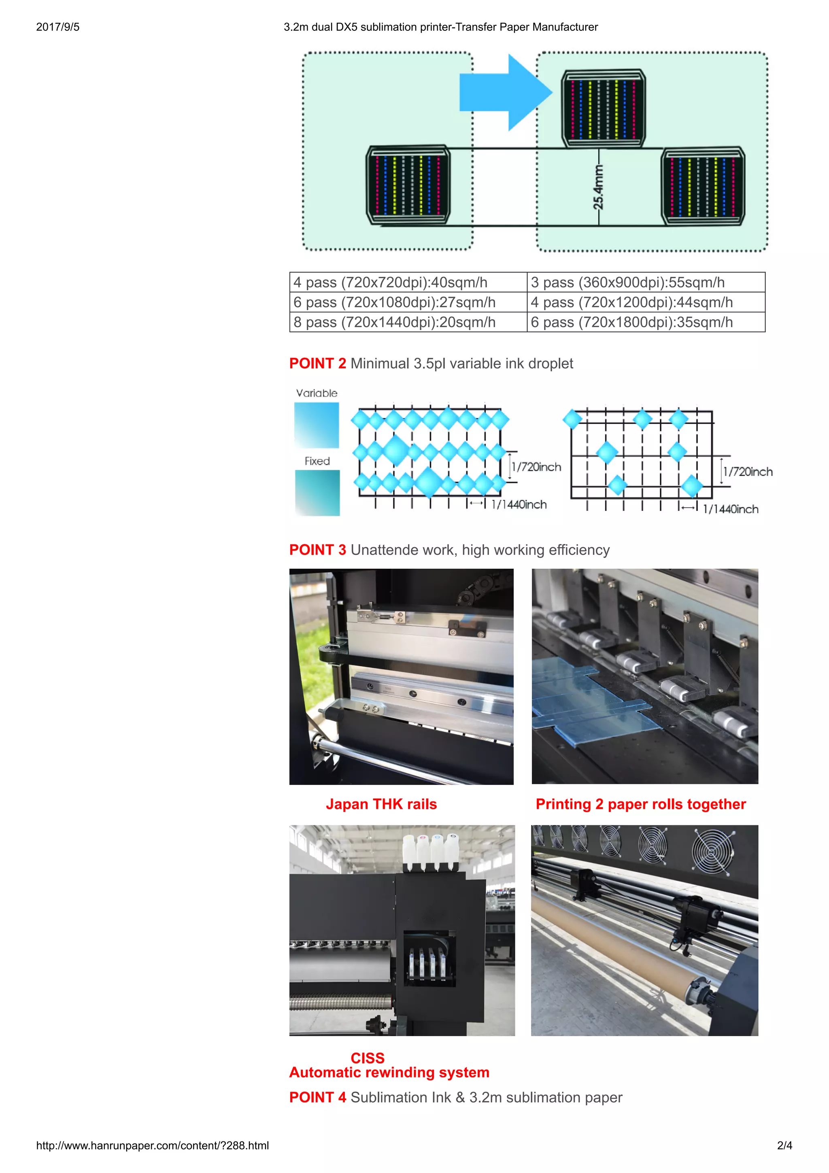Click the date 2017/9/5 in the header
[58, 27]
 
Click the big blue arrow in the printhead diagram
[503, 92]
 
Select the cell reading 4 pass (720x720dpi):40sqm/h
[408, 283]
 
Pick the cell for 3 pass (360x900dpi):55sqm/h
[646, 283]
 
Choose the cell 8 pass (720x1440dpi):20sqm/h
[408, 322]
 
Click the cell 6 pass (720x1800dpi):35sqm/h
[646, 322]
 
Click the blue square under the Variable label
[317, 425]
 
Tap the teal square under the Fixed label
[317, 493]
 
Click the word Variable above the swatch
[317, 393]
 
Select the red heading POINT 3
[317, 550]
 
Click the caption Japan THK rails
[381, 804]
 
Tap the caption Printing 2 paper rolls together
[640, 804]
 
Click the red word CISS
[367, 1058]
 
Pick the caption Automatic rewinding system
[389, 1072]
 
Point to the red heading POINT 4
[317, 1097]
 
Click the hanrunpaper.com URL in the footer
[152, 1145]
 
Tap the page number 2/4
[784, 1145]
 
